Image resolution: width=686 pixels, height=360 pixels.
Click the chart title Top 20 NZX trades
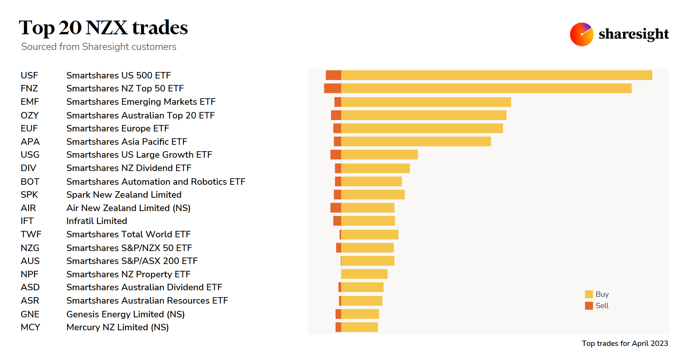[103, 28]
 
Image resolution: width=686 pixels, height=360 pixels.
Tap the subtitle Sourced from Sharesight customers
[99, 46]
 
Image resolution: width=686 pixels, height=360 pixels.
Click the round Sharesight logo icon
[581, 34]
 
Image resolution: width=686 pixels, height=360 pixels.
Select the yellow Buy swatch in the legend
[589, 294]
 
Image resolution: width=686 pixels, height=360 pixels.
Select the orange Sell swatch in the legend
[589, 306]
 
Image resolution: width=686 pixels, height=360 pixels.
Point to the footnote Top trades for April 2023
[625, 343]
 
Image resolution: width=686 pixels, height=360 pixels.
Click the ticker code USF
[29, 75]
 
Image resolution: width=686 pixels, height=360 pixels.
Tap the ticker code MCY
[30, 327]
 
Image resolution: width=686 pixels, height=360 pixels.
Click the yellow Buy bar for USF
[496, 75]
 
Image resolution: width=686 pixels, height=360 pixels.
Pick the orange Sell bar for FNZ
[332, 88]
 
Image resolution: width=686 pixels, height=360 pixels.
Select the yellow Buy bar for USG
[379, 155]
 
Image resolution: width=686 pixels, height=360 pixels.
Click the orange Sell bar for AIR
[336, 208]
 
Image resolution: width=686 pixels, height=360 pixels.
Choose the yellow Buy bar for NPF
[364, 274]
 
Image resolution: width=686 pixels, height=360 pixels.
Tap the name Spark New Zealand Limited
[124, 195]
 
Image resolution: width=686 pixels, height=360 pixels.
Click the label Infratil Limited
[97, 221]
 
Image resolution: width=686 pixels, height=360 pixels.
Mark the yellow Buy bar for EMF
[426, 102]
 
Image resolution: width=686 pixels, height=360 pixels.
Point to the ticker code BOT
[30, 182]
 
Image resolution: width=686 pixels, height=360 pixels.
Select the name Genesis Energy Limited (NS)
[125, 314]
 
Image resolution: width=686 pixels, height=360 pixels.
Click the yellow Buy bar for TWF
[370, 234]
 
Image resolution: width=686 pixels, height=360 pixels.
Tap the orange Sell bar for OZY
[336, 115]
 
